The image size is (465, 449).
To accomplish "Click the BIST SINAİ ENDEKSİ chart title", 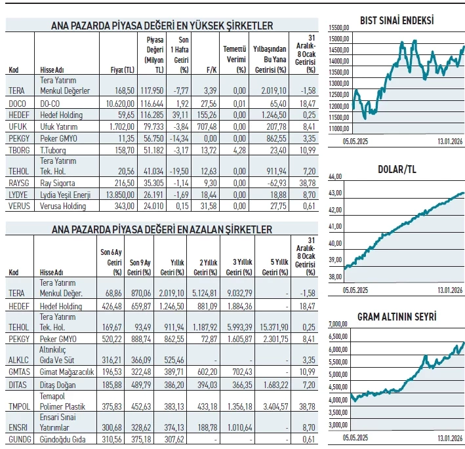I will (396, 20).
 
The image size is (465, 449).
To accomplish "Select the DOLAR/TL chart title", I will (397, 170).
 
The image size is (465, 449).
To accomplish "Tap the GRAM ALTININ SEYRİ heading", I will (397, 317).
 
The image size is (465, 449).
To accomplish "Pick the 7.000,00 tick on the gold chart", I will (336, 324).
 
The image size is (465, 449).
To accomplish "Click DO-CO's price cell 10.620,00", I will (119, 104).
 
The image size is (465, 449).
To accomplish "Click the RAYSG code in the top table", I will (19, 184).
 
